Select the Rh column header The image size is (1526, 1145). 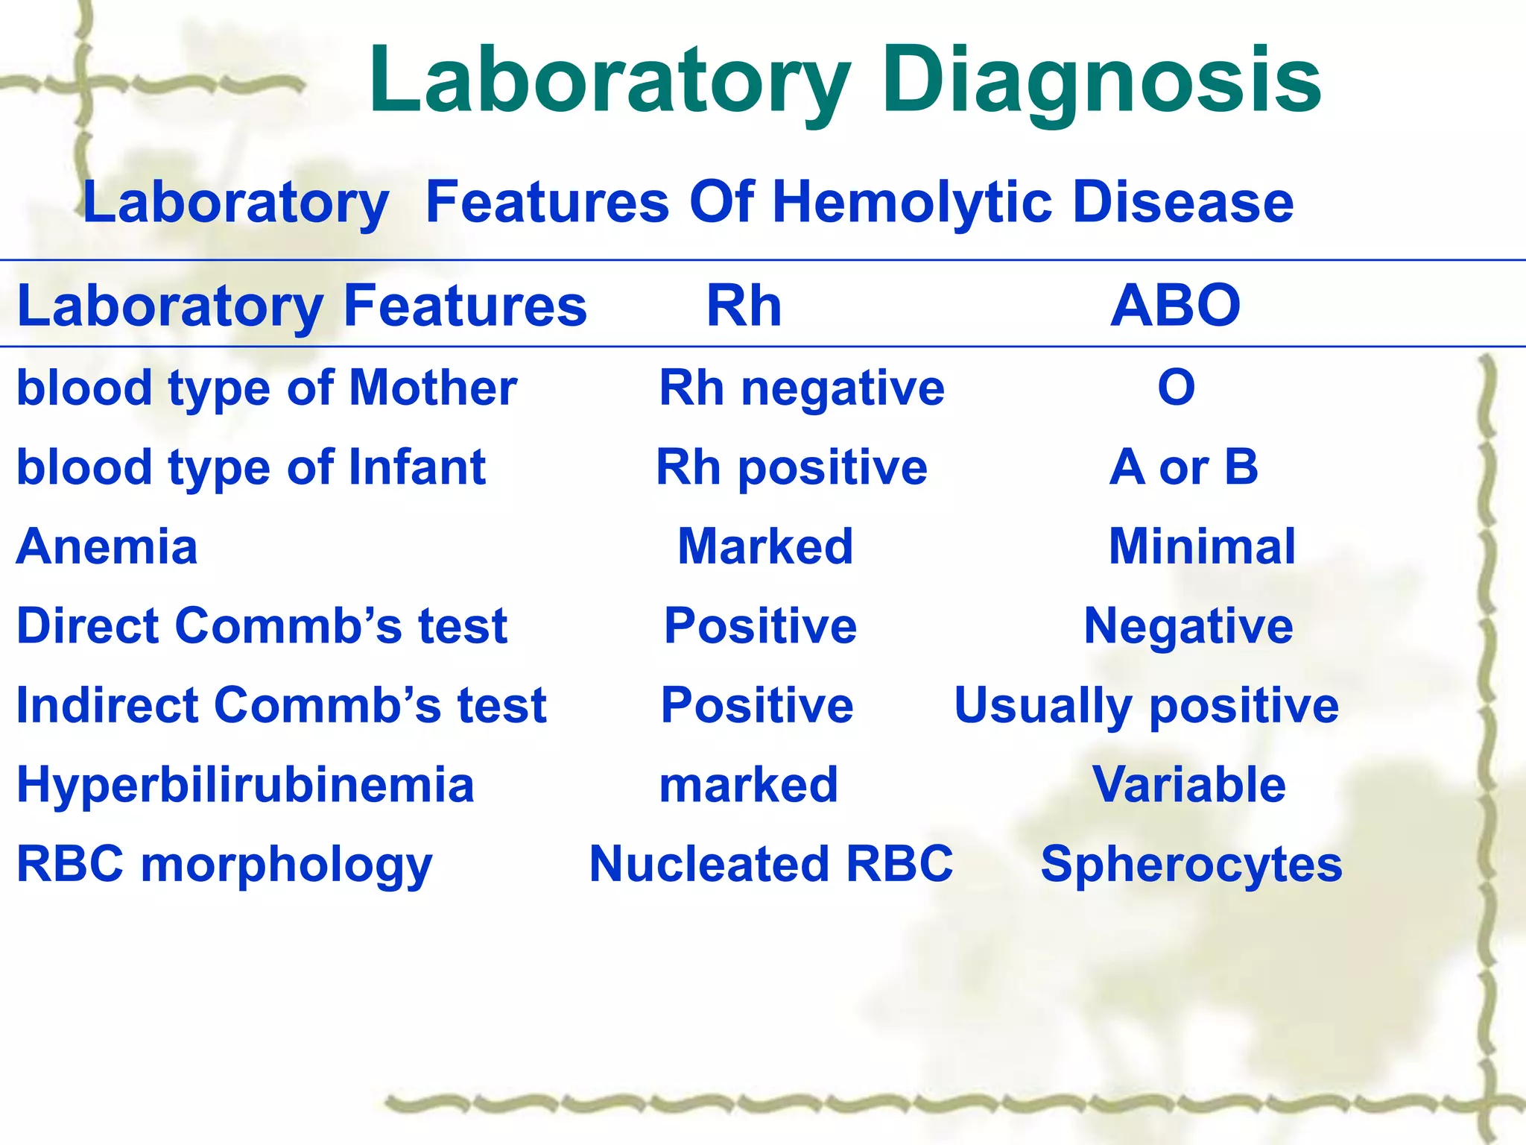click(744, 306)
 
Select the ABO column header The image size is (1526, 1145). click(1175, 306)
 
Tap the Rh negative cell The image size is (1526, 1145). click(802, 388)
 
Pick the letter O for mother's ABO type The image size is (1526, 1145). click(1176, 388)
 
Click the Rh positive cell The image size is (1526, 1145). click(791, 468)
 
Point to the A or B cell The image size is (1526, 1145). click(1183, 467)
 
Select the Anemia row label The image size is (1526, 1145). click(107, 546)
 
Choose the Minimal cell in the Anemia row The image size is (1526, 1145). click(1202, 546)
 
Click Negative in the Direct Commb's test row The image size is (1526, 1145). click(1188, 626)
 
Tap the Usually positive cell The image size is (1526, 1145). click(1146, 706)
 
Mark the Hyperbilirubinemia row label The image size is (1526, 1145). click(245, 786)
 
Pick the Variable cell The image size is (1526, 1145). click(1188, 785)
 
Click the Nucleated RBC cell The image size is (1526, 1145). click(770, 864)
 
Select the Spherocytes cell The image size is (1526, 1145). click(1191, 865)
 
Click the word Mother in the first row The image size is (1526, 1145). click(433, 388)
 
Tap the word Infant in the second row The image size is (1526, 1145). click(417, 467)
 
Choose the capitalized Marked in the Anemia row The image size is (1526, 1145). click(764, 546)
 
